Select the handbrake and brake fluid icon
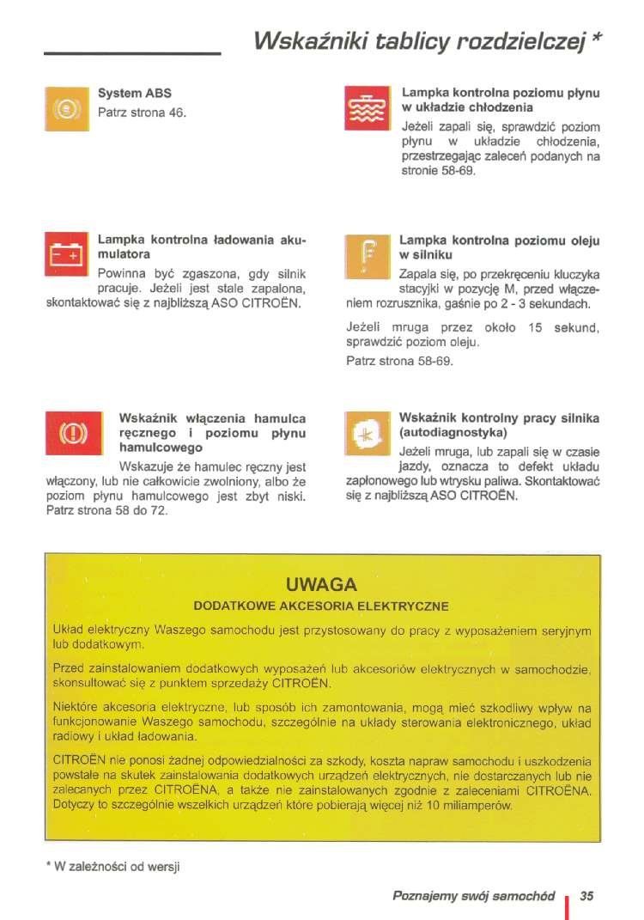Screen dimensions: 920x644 68,432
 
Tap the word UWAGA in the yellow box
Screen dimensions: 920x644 322,586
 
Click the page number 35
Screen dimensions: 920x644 587,896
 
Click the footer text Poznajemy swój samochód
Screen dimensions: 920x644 472,896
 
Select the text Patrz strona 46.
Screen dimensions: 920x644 142,113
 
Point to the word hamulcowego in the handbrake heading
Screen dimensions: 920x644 161,448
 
